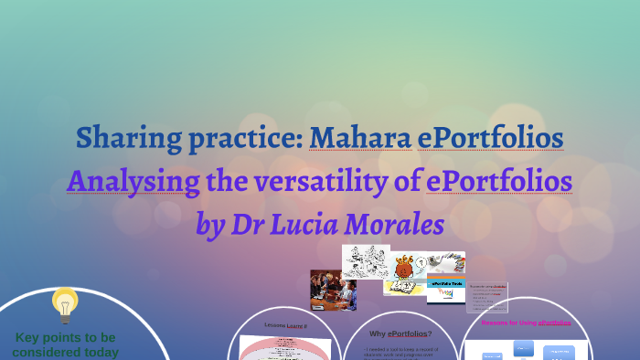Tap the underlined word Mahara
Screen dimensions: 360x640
359,138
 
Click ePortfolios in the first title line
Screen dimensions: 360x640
490,138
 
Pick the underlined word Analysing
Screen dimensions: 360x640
133,181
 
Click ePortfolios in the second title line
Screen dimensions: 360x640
499,181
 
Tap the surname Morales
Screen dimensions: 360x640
401,223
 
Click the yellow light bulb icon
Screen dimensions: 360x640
64,305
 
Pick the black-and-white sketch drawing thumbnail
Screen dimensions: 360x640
366,261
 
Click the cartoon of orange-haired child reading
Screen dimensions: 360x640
405,273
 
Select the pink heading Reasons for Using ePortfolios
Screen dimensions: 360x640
526,323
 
